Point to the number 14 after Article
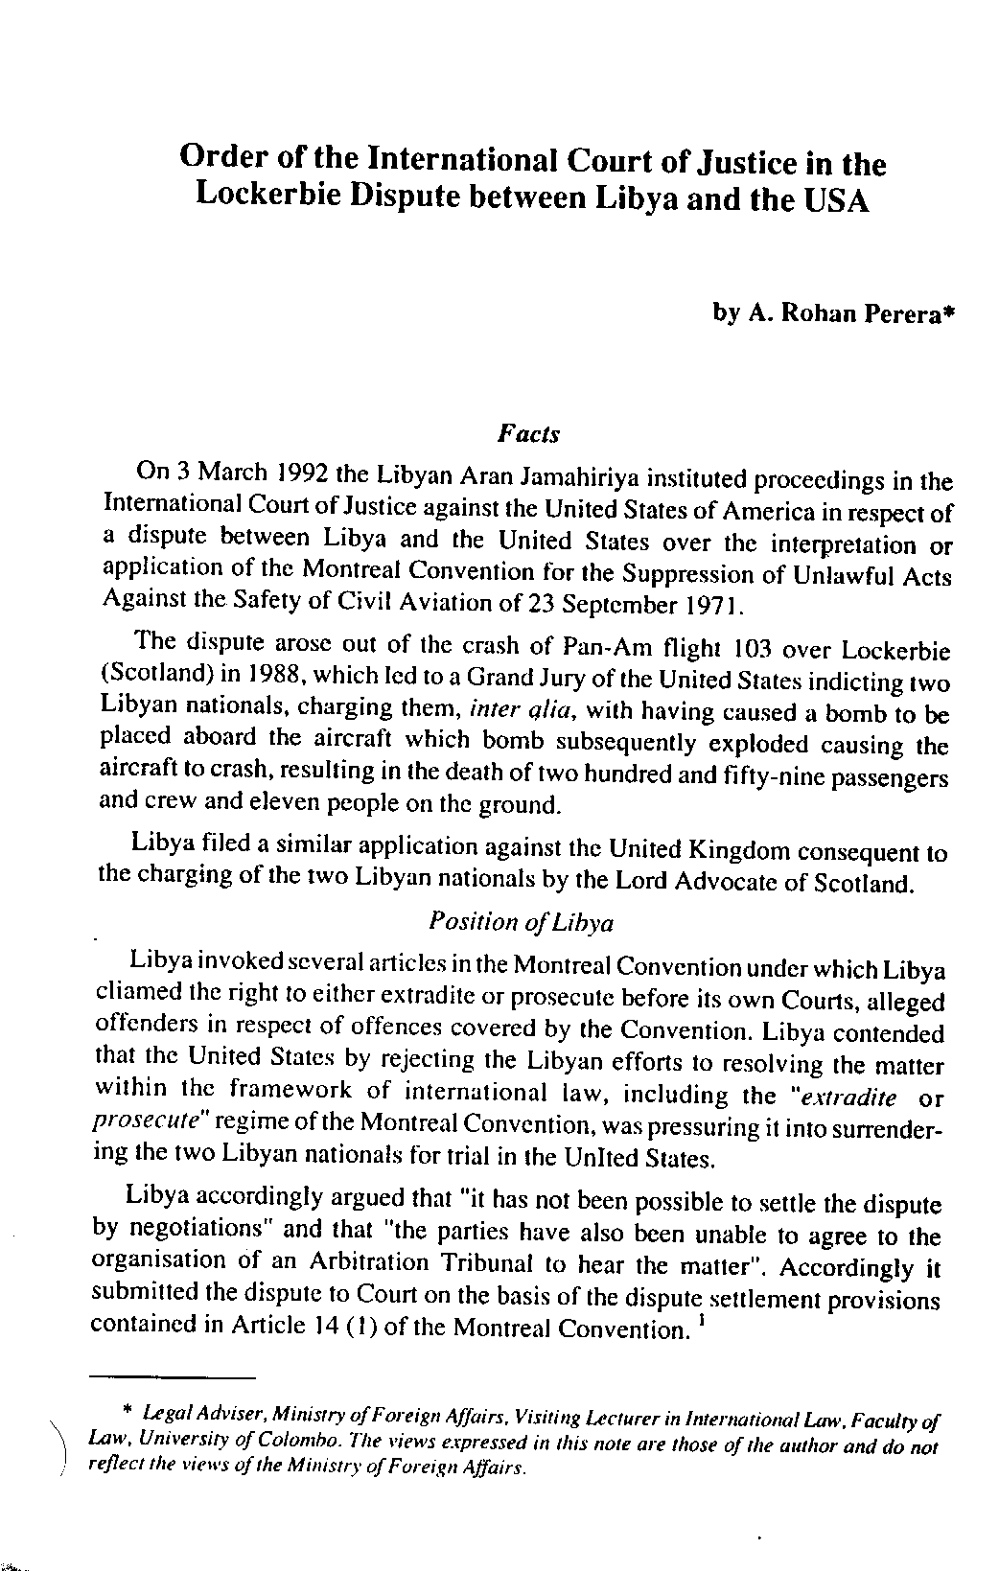tap(326, 1328)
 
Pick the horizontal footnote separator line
tap(173, 1378)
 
